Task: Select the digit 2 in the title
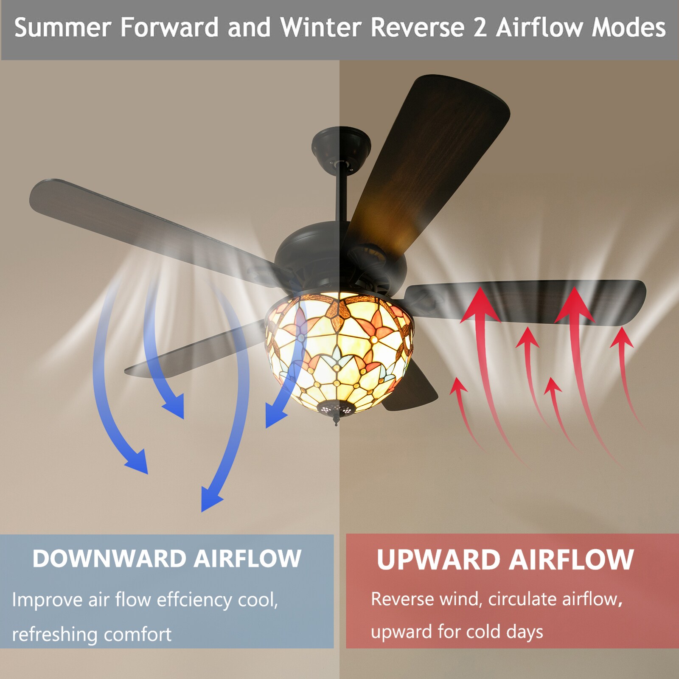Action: click(480, 28)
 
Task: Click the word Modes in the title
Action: click(629, 28)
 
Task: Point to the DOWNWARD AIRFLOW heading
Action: click(167, 558)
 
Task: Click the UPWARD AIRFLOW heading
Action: click(505, 559)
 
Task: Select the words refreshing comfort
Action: click(92, 634)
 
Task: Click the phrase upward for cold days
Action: click(457, 632)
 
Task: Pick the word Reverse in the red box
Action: click(403, 599)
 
